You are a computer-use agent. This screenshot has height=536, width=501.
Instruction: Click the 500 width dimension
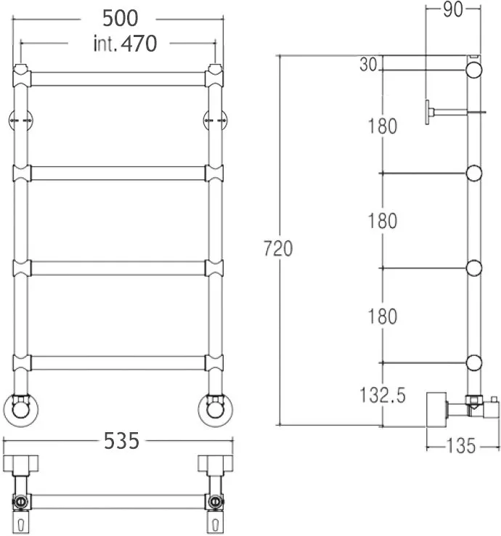pyautogui.click(x=121, y=18)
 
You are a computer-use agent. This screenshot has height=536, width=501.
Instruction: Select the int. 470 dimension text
pyautogui.click(x=125, y=44)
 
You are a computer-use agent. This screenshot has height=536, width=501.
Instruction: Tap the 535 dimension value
pyautogui.click(x=122, y=441)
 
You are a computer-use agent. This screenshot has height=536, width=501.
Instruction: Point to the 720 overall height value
pyautogui.click(x=278, y=248)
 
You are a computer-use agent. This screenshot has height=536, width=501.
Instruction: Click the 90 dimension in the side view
pyautogui.click(x=453, y=9)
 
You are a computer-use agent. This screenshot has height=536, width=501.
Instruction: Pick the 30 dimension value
pyautogui.click(x=368, y=64)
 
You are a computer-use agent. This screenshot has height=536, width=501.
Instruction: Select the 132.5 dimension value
pyautogui.click(x=383, y=395)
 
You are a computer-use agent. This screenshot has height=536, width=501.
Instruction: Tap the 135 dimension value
pyautogui.click(x=461, y=446)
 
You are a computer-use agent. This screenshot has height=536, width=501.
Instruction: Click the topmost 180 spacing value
pyautogui.click(x=383, y=126)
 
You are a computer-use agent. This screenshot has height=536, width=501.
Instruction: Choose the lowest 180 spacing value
pyautogui.click(x=383, y=316)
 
